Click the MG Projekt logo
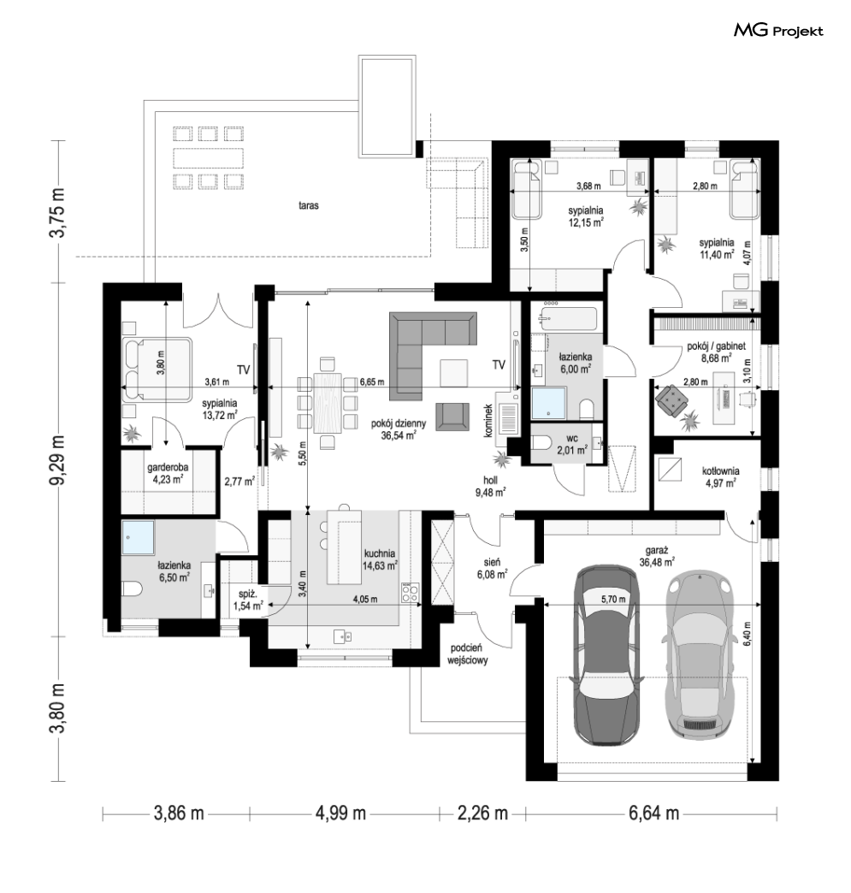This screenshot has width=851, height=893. click(x=778, y=31)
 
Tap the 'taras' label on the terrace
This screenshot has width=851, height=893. click(x=308, y=205)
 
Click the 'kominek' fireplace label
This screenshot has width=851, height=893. click(x=488, y=421)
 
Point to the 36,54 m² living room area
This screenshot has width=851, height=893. click(x=399, y=435)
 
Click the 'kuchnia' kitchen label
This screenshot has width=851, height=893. click(x=380, y=553)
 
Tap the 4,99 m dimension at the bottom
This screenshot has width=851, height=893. click(x=340, y=813)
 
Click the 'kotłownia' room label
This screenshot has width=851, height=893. click(x=720, y=471)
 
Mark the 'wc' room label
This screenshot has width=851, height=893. click(x=572, y=438)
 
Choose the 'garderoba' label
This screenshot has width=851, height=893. click(x=168, y=467)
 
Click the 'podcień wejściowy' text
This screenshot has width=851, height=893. click(x=467, y=653)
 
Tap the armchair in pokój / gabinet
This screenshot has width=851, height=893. click(x=672, y=399)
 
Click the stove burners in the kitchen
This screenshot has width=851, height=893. click(x=411, y=592)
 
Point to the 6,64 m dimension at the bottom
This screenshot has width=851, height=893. click(x=654, y=813)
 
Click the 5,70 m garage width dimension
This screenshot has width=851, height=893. click(x=613, y=599)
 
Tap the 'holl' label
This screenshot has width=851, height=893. click(x=490, y=480)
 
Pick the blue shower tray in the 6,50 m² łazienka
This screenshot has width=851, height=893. click(x=138, y=537)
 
